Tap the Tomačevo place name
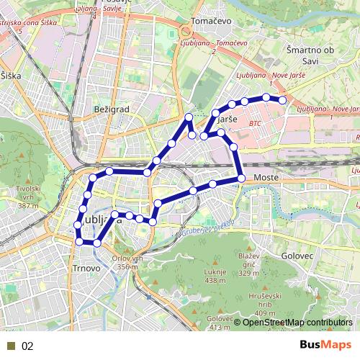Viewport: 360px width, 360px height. tap(210, 22)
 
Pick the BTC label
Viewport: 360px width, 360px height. tap(255, 124)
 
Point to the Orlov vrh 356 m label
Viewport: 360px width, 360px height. tap(130, 263)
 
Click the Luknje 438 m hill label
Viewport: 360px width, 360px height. tap(215, 276)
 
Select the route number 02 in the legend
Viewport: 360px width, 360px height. tap(27, 346)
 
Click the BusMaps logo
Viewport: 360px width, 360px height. tap(325, 346)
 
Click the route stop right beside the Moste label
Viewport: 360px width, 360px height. tap(241, 178)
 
